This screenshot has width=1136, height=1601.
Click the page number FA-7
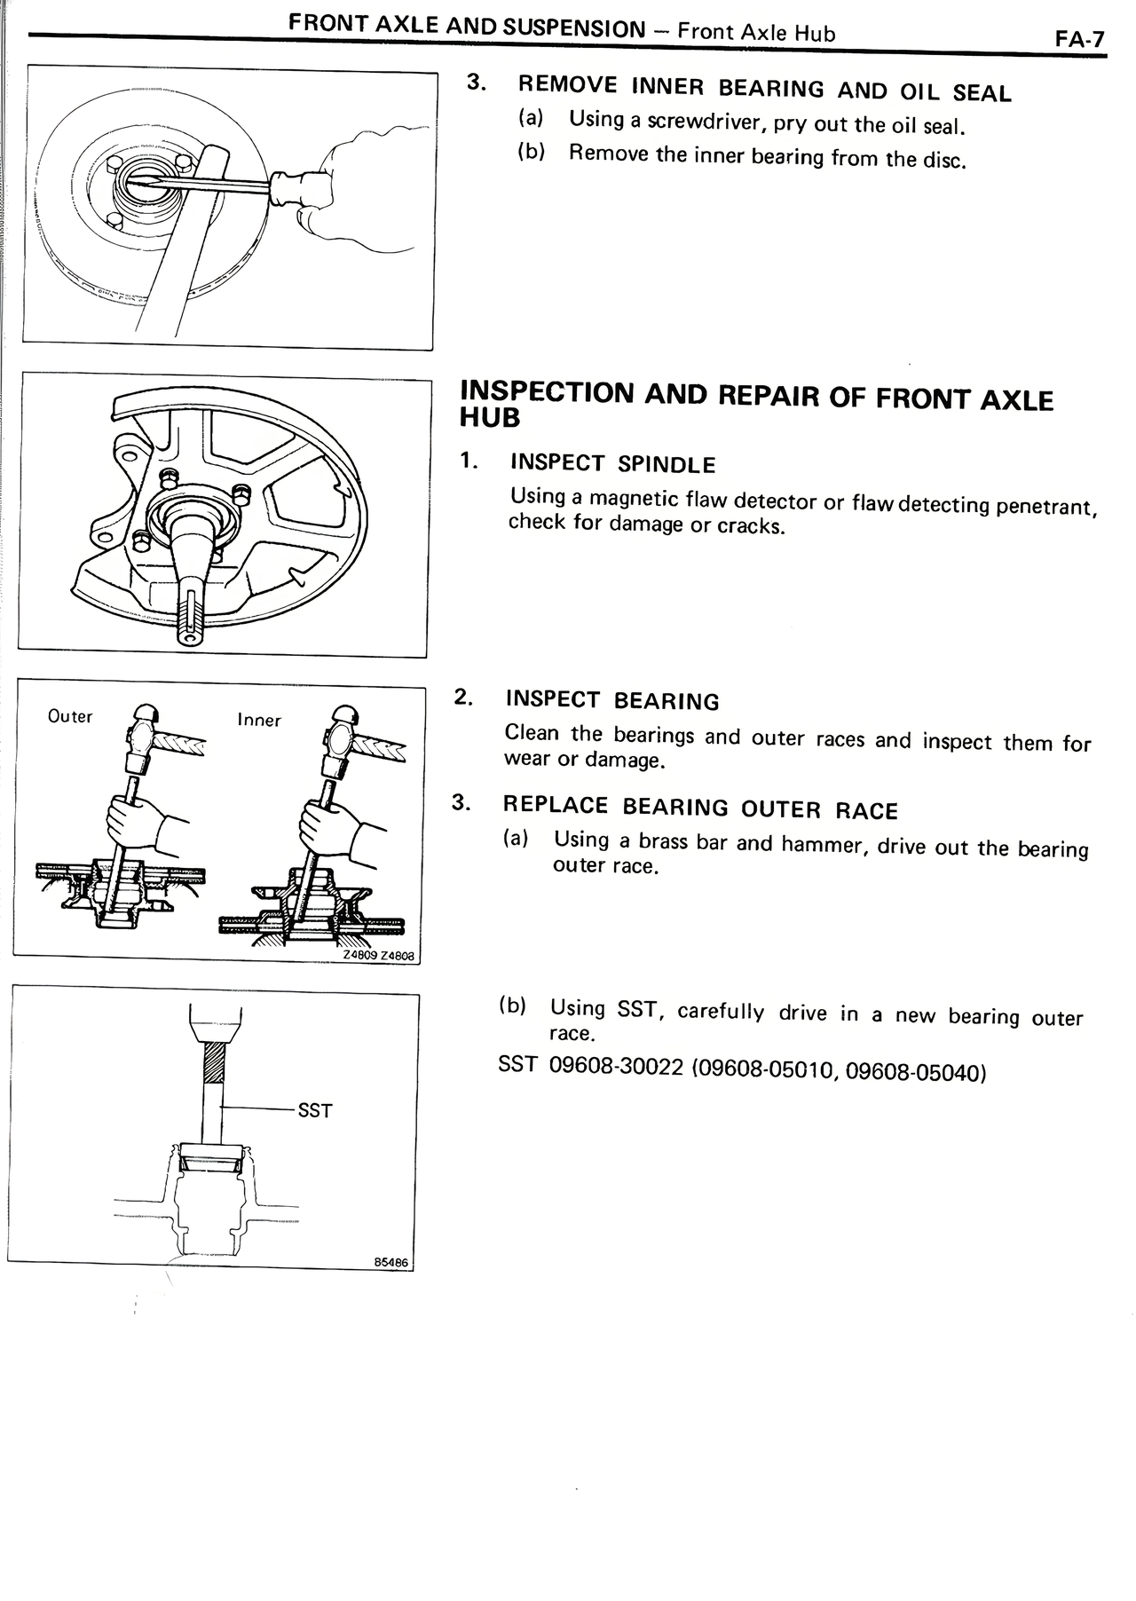coord(1079,40)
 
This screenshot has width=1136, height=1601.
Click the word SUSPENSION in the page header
coord(574,28)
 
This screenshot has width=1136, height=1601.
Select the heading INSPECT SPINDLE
coord(612,463)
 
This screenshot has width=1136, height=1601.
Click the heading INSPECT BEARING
coord(612,700)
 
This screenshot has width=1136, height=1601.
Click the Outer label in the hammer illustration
coord(70,716)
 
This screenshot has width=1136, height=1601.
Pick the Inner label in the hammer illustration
coord(259,721)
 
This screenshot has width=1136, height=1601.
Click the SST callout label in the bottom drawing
coord(315,1110)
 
